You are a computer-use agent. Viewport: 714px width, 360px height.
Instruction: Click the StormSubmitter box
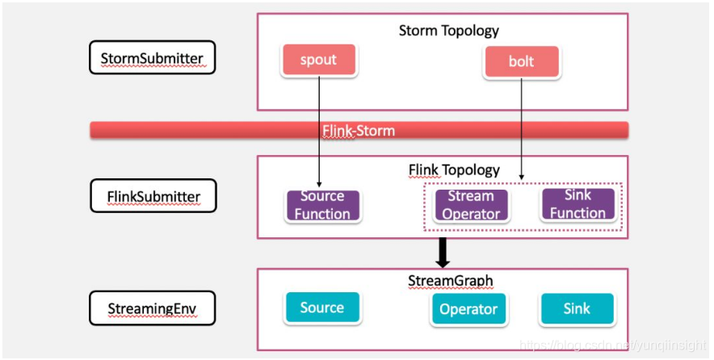[x=152, y=57]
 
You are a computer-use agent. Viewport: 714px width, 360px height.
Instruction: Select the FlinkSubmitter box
[x=153, y=195]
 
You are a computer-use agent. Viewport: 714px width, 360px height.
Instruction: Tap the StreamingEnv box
[x=152, y=308]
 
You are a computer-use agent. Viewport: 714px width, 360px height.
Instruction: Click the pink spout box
[x=319, y=60]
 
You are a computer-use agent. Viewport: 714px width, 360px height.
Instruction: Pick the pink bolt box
[x=522, y=61]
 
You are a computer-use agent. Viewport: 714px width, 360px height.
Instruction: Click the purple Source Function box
[x=323, y=205]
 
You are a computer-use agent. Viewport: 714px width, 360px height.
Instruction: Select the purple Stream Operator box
[x=471, y=205]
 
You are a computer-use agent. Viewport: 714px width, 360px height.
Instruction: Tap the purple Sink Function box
[x=577, y=204]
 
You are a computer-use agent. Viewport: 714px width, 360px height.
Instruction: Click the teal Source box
[x=322, y=308]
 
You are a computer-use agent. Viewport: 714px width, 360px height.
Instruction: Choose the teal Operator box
[x=468, y=309]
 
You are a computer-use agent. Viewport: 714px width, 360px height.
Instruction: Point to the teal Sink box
[x=577, y=308]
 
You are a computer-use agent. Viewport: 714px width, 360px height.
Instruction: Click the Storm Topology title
[x=448, y=31]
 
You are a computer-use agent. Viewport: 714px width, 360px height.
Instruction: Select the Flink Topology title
[x=454, y=170]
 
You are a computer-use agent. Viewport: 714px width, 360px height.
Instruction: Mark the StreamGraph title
[x=451, y=281]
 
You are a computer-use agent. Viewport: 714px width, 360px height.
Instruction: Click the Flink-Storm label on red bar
[x=359, y=131]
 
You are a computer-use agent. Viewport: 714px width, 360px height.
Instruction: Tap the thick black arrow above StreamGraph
[x=443, y=253]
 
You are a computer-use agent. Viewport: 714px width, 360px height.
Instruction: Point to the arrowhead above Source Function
[x=319, y=184]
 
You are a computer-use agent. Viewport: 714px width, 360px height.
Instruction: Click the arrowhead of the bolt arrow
[x=522, y=176]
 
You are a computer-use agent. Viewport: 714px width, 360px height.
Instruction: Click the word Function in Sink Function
[x=577, y=212]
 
